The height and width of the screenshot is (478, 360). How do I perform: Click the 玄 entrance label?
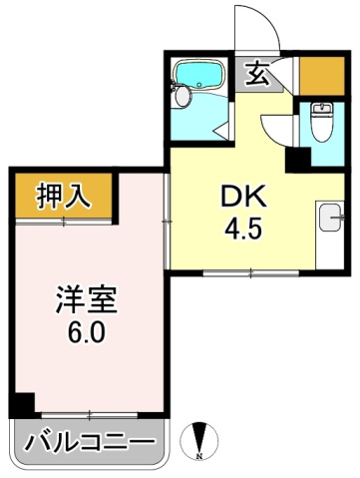click(256, 74)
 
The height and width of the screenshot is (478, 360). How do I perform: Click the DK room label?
click(241, 197)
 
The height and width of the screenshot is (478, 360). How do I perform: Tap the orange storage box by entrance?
click(321, 75)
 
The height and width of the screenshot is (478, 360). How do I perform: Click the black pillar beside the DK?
click(297, 158)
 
